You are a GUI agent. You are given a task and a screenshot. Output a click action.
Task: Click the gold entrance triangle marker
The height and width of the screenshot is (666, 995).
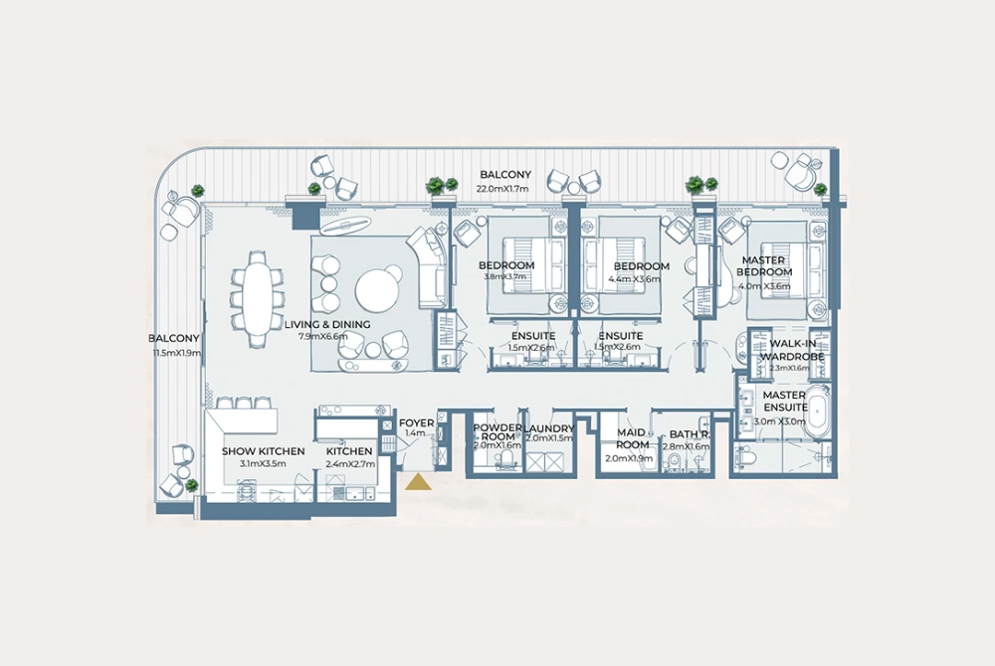point(419,482)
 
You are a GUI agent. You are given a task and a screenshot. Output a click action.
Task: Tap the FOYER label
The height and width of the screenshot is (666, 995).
point(416,422)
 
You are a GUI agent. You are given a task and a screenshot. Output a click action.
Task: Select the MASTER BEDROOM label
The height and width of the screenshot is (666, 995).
point(764,266)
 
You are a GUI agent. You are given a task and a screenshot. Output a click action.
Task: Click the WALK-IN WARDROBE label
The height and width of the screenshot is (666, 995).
point(793,350)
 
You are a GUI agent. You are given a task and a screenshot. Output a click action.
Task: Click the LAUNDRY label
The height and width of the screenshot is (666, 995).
point(550,429)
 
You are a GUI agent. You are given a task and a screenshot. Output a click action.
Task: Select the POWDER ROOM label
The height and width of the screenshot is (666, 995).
point(497,432)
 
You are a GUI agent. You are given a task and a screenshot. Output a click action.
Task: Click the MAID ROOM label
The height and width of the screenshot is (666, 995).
point(632,438)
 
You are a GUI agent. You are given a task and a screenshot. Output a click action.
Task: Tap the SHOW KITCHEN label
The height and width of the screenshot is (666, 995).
point(263,451)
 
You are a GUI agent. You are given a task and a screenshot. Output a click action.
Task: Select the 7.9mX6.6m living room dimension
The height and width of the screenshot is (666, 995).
point(325,337)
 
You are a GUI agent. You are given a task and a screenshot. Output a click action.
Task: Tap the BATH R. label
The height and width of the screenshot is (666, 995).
point(690,434)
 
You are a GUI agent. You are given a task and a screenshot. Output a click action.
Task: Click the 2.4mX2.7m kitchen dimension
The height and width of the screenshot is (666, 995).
point(349,464)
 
